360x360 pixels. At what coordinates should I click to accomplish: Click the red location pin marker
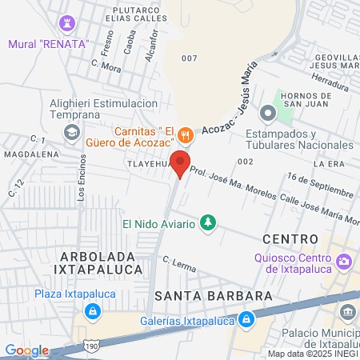pyautogui.click(x=180, y=163)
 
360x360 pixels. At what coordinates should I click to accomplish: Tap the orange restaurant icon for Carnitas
pyautogui.click(x=186, y=134)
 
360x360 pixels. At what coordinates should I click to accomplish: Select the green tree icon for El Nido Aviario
pyautogui.click(x=208, y=222)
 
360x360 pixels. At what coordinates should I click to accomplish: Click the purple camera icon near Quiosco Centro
pyautogui.click(x=345, y=260)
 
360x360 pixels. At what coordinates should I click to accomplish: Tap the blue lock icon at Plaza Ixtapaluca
pyautogui.click(x=93, y=310)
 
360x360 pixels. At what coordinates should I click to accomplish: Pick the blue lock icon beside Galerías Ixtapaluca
pyautogui.click(x=248, y=320)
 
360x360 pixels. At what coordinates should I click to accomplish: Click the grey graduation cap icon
pyautogui.click(x=72, y=131)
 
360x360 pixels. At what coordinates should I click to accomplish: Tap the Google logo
pyautogui.click(x=26, y=350)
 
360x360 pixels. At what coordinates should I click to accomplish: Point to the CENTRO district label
pyautogui.click(x=290, y=238)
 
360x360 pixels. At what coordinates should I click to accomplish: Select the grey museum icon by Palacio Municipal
pyautogui.click(x=347, y=310)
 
